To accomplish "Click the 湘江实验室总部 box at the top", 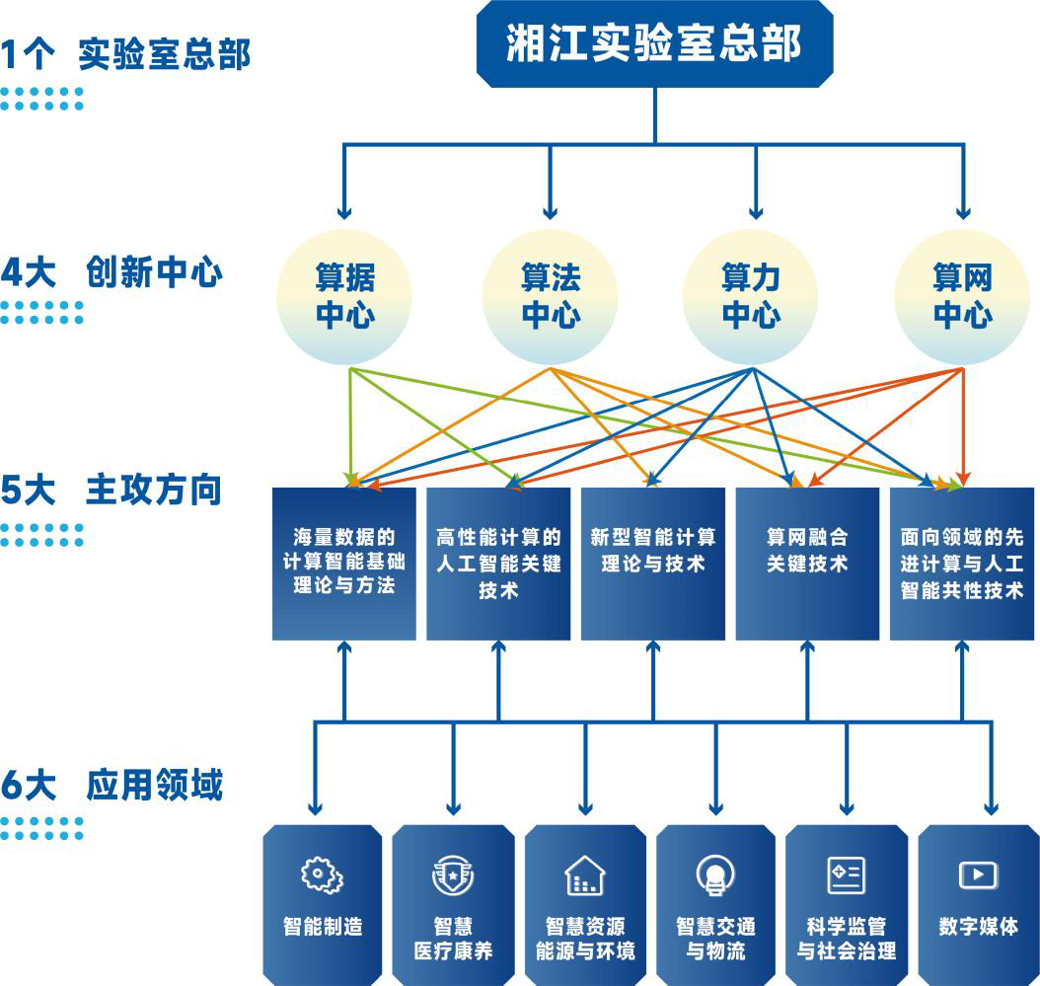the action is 654,43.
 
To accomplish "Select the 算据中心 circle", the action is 344,297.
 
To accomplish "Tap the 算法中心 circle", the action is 550,297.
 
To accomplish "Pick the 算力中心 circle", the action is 751,297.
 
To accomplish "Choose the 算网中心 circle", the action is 962,297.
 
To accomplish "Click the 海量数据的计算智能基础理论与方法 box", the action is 344,564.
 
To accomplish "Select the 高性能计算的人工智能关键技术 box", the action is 498,564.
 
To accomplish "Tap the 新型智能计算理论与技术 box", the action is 652,564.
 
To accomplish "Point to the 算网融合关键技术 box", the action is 807,564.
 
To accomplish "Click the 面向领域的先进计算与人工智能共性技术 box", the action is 962,564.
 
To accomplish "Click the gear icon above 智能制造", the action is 323,875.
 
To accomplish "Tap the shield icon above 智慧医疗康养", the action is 453,875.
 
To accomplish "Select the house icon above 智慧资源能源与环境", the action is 585,875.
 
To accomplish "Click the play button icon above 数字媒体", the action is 978,874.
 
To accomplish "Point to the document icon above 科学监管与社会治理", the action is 847,875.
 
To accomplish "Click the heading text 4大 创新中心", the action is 111,272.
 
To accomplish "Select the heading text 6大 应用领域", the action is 111,785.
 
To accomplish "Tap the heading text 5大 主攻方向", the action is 111,490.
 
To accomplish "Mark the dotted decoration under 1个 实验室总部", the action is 41,99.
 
